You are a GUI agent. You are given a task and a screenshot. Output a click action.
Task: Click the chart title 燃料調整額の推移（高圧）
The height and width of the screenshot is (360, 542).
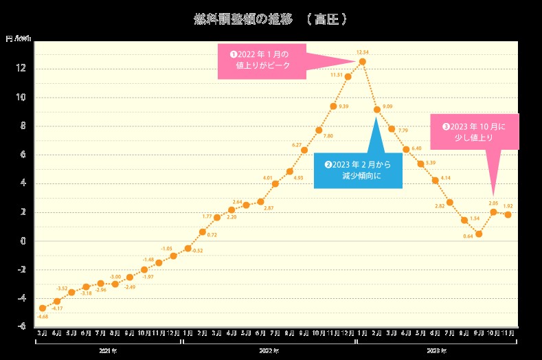click(x=271, y=19)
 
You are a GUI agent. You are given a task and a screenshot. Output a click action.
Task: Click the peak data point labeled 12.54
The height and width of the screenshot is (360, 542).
click(x=363, y=62)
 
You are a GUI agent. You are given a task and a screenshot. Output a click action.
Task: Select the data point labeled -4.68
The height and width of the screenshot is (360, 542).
click(x=43, y=308)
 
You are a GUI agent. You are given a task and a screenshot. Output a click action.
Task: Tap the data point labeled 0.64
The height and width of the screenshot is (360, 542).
click(x=479, y=234)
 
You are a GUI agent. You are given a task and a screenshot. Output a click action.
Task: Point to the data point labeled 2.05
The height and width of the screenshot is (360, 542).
click(x=493, y=212)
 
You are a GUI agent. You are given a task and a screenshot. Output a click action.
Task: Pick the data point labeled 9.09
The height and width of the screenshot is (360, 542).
click(x=377, y=110)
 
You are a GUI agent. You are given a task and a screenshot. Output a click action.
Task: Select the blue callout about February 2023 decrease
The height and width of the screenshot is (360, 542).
click(x=358, y=170)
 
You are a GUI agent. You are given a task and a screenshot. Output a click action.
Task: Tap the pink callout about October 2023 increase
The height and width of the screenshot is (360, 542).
click(x=474, y=132)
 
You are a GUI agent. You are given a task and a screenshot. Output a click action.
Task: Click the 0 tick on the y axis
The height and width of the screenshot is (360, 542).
click(x=24, y=241)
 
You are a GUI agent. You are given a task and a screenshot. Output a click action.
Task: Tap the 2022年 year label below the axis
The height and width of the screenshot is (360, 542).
click(x=269, y=351)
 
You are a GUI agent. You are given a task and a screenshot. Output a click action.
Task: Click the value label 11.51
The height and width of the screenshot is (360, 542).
click(x=337, y=74)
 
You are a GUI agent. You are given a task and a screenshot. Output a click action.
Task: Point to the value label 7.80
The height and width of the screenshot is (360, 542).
click(x=328, y=136)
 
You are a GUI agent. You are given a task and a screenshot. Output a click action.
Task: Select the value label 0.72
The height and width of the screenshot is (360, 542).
click(x=212, y=235)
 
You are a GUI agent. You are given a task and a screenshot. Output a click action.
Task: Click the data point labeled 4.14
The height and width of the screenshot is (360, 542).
click(x=436, y=181)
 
